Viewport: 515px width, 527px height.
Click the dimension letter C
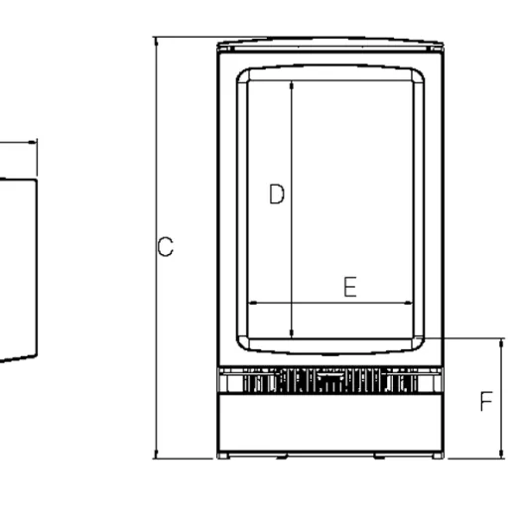(166, 247)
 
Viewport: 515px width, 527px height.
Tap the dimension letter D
(277, 194)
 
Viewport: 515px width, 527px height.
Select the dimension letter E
(350, 287)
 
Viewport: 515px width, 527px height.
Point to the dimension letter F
(486, 401)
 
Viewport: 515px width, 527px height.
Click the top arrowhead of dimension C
(156, 42)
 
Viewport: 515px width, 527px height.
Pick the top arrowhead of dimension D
(292, 85)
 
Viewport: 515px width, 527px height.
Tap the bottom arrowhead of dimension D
(292, 333)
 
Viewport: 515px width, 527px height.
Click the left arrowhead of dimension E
(253, 303)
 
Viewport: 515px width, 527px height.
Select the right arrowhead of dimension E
(409, 303)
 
